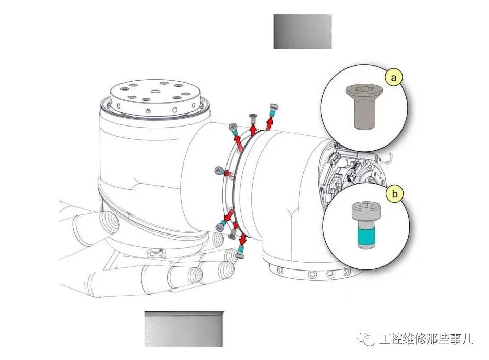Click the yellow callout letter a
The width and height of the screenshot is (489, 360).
coord(394,78)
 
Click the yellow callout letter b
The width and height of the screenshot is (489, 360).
coord(395,194)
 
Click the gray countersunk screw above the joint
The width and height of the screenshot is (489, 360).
coord(253,117)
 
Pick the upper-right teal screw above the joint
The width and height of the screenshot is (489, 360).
coord(274,108)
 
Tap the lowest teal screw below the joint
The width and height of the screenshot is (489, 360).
coord(240,253)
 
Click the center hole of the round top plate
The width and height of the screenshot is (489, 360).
coord(155,92)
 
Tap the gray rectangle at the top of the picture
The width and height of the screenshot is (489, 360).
coord(302,31)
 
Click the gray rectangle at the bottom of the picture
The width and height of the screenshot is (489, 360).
coord(184,328)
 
